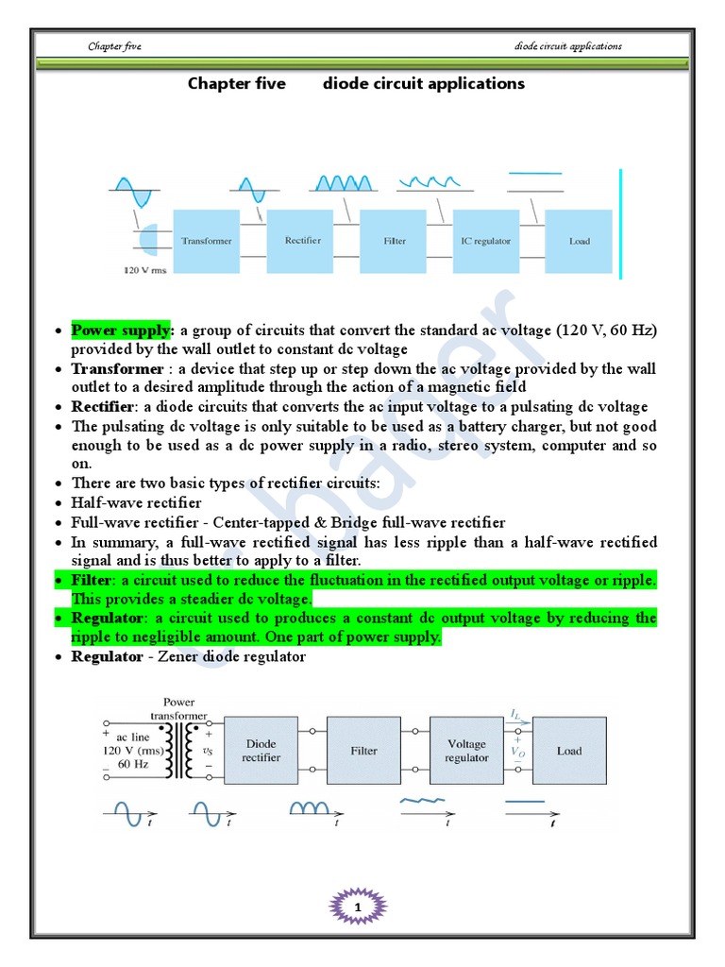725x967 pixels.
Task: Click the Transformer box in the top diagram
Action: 206,242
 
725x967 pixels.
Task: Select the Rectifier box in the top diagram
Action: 302,242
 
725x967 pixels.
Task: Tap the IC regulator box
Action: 485,242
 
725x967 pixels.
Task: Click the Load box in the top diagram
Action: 579,242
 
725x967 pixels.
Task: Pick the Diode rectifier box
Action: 261,751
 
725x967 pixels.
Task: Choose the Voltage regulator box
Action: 466,751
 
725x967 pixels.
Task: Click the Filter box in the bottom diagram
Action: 363,751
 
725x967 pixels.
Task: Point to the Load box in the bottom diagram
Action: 569,751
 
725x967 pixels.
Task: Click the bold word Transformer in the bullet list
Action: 117,368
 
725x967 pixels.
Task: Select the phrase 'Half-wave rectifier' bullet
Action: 136,502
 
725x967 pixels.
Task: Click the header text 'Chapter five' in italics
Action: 114,46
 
